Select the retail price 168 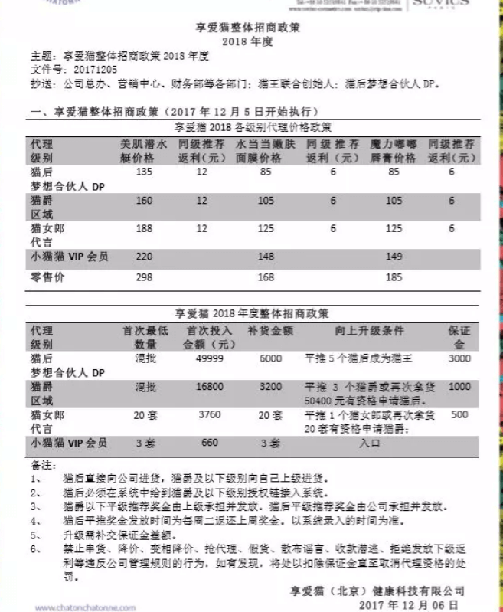[266, 277]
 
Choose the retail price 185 [393, 277]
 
